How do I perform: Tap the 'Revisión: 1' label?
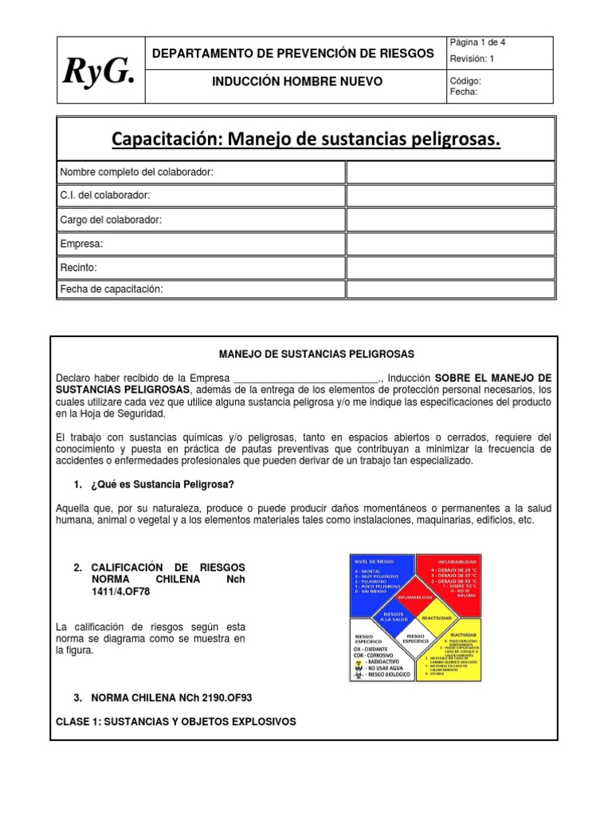coord(473,58)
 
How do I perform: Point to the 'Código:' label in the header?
coord(465,80)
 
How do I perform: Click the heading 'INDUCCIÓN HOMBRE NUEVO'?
coord(296,81)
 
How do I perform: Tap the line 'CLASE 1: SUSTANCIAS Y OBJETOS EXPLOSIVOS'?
coord(176,721)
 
